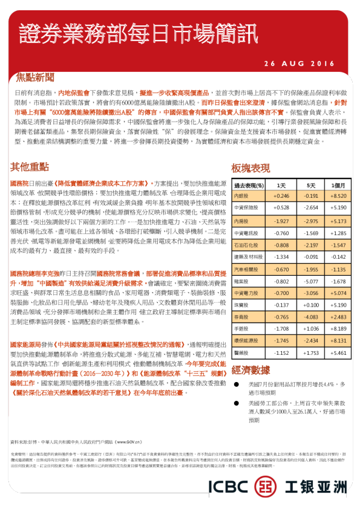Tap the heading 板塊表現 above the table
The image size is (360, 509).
(x=250, y=167)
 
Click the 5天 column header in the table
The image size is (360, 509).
(x=311, y=185)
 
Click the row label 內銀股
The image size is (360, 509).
(x=241, y=196)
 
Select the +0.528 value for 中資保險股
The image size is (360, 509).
(x=281, y=207)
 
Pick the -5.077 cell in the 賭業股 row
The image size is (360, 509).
(x=311, y=281)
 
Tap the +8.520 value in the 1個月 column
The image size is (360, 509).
(x=338, y=196)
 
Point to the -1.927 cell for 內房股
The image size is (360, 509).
(x=281, y=221)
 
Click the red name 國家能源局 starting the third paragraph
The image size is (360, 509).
(x=26, y=343)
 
